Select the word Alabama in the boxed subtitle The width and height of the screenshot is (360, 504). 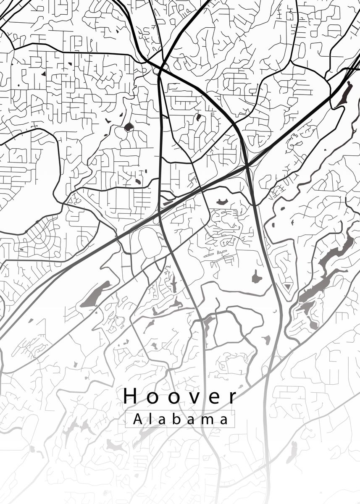[x=180, y=419]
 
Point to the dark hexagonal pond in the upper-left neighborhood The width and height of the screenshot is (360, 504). [x=128, y=126]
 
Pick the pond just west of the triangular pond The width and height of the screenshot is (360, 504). [x=256, y=276]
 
